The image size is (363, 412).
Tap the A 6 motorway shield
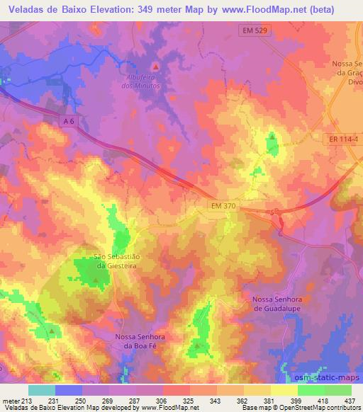[x=68, y=122]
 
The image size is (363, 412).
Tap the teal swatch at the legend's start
[x=41, y=389]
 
